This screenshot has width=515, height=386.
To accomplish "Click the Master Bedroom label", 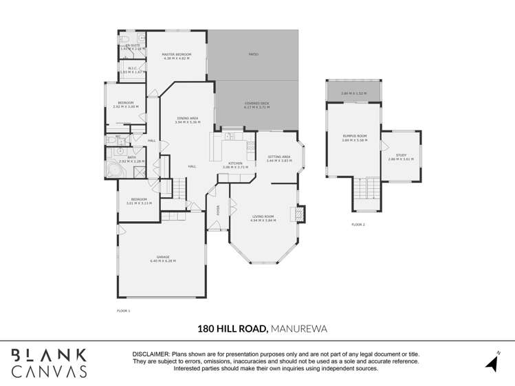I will [177, 54].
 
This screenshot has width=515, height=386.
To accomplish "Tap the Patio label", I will [253, 54].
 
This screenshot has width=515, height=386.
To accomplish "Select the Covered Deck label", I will [256, 103].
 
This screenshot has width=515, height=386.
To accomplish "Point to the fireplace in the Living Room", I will [298, 215].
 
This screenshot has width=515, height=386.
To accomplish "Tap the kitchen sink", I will [230, 136].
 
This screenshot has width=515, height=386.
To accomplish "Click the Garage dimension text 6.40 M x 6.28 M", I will [163, 262].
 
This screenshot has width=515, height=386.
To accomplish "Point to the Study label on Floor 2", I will [401, 155].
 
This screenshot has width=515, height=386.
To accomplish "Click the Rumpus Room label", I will [355, 136].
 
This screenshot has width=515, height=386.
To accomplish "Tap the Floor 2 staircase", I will [366, 193].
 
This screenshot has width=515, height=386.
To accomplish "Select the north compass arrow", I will [492, 361].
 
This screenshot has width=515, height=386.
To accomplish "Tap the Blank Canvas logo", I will [49, 363].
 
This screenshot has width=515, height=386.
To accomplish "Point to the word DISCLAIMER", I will [151, 354].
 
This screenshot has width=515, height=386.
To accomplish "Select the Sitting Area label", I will [278, 157].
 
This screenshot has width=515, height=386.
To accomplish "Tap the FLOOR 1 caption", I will [123, 311].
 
